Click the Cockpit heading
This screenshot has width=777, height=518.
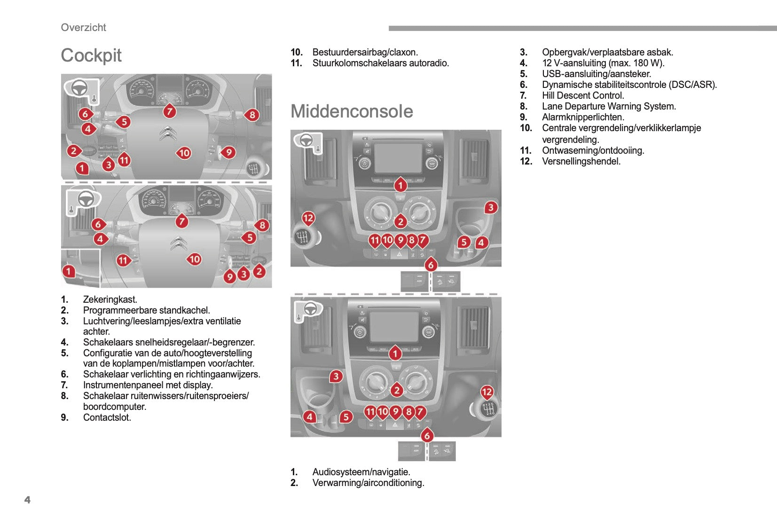(x=91, y=55)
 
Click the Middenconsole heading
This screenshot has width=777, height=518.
(x=352, y=111)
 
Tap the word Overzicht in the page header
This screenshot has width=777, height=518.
(x=84, y=27)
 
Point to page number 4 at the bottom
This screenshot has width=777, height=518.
(x=27, y=500)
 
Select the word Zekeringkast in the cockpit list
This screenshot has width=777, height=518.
(x=110, y=299)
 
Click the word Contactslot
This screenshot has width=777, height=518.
(x=107, y=417)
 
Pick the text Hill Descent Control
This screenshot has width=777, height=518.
(x=583, y=95)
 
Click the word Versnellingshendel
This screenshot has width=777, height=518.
(x=581, y=161)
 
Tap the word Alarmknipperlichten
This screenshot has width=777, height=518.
(x=583, y=117)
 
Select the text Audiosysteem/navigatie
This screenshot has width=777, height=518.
(x=361, y=472)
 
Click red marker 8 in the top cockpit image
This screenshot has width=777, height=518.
(x=252, y=115)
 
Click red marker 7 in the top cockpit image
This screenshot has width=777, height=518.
(x=170, y=111)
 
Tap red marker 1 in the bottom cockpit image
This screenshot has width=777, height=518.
(x=69, y=271)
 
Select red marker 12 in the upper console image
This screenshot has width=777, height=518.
(x=308, y=218)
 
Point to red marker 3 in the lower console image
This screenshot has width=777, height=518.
(x=336, y=377)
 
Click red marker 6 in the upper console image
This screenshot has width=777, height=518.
(x=431, y=265)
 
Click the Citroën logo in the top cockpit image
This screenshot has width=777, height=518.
(x=168, y=133)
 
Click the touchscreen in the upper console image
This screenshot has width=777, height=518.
(x=398, y=157)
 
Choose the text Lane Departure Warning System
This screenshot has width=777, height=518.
(x=609, y=106)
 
